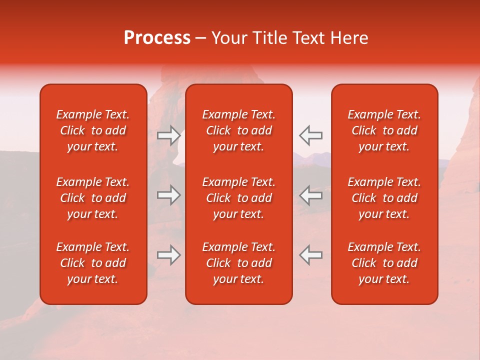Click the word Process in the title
coord(157,38)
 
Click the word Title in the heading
coord(269,38)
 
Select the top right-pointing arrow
coord(168,135)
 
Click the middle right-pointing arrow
coord(168,195)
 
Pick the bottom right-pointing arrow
coord(168,255)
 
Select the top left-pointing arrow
coord(311,135)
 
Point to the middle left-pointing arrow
coord(311,195)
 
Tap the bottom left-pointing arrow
coord(311,255)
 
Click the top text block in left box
coord(93,130)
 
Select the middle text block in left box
coord(93,198)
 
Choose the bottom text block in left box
coord(93,263)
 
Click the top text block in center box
coord(239,130)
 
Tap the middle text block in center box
coord(239,198)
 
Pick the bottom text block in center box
coord(239,263)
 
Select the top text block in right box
coord(384,130)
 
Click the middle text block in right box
coord(384,198)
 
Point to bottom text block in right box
coord(384,263)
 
